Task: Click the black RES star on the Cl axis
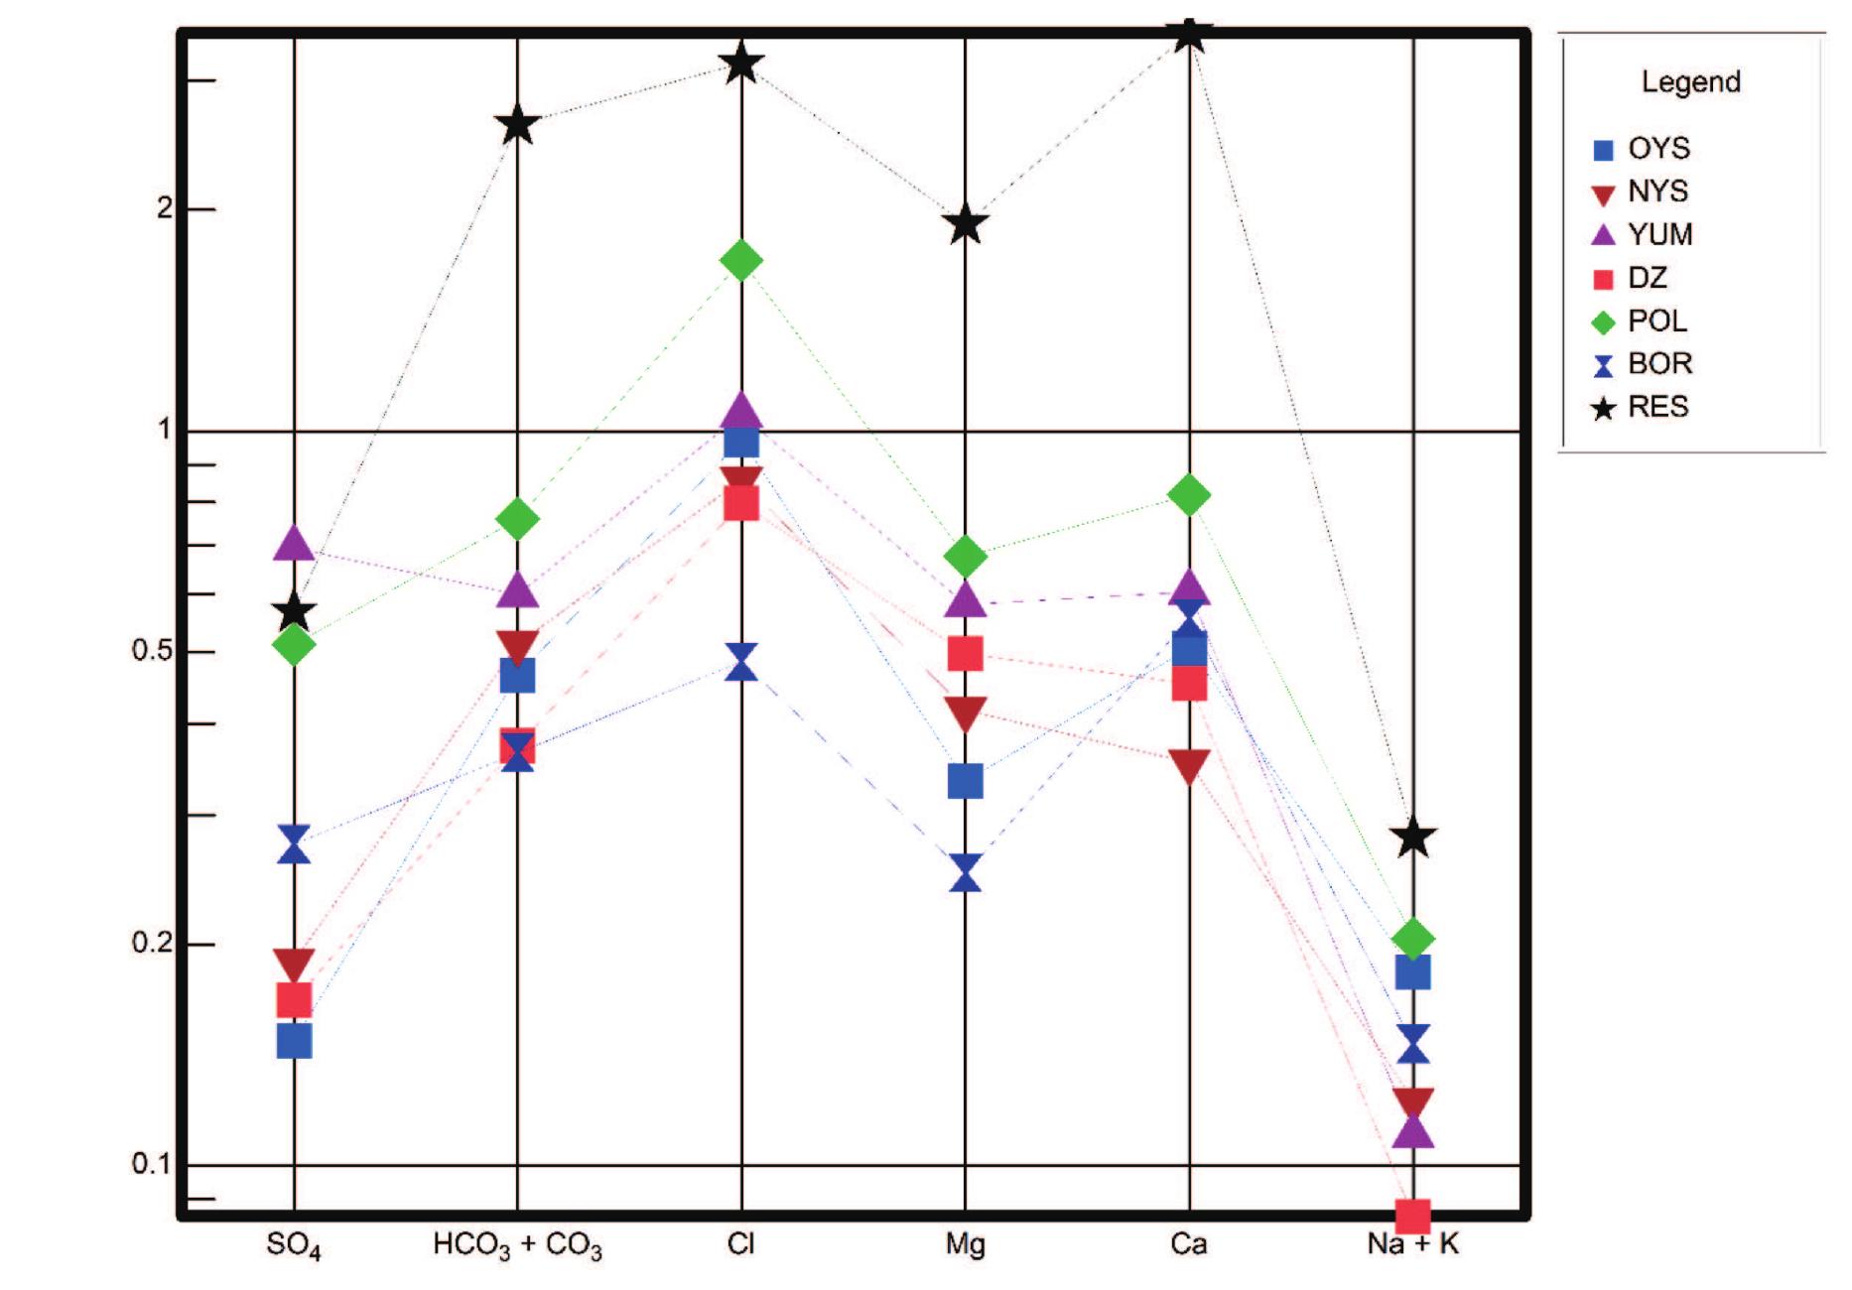click(741, 65)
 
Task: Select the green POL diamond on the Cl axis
click(741, 261)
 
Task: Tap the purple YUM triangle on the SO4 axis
click(294, 543)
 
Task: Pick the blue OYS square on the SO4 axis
click(294, 1041)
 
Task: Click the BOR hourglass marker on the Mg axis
click(965, 872)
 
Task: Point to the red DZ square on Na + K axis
click(1412, 1215)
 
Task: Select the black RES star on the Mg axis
click(965, 225)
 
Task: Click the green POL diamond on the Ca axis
click(1189, 494)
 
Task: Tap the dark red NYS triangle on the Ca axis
click(1189, 766)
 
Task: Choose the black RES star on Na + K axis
click(1413, 838)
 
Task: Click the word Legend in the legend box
click(1690, 81)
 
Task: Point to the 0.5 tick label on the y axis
click(153, 652)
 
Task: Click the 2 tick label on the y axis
click(165, 208)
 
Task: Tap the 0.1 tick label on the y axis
click(153, 1163)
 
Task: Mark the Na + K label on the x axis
click(1412, 1243)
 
